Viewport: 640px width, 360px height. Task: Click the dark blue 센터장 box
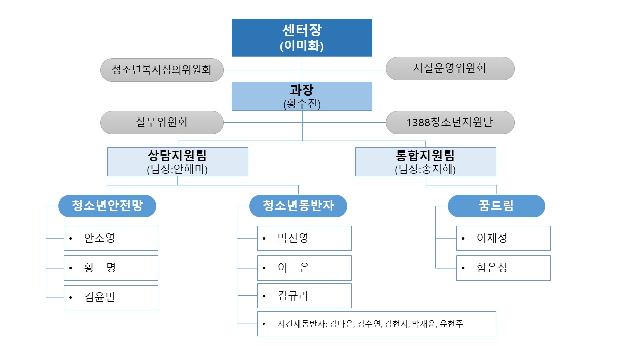[x=302, y=38]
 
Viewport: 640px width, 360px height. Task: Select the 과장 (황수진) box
[x=302, y=96]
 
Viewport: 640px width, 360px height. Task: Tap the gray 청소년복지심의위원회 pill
[x=162, y=70]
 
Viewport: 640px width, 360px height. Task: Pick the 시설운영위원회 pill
[x=450, y=68]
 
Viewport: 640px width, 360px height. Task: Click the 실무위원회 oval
[x=162, y=123]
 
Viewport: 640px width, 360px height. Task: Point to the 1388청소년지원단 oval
[x=450, y=123]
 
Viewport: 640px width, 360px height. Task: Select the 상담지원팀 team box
[x=177, y=162]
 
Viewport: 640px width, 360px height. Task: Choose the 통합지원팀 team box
[x=425, y=162]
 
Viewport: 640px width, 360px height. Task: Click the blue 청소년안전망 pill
[x=107, y=206]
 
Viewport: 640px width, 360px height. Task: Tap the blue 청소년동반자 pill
[x=298, y=206]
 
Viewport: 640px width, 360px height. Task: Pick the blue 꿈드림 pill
[x=496, y=206]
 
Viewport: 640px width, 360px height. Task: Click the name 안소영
[x=99, y=238]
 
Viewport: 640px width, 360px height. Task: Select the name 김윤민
[x=99, y=297]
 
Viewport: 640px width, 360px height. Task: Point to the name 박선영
[x=293, y=238]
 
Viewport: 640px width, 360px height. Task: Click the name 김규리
[x=293, y=296]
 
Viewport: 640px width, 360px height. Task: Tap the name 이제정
[x=492, y=238]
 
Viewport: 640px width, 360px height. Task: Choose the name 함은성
[x=492, y=268]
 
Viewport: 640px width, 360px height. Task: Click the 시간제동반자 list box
[x=377, y=324]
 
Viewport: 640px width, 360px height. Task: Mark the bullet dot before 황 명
[x=71, y=268]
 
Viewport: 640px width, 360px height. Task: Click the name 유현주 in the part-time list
[x=451, y=324]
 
